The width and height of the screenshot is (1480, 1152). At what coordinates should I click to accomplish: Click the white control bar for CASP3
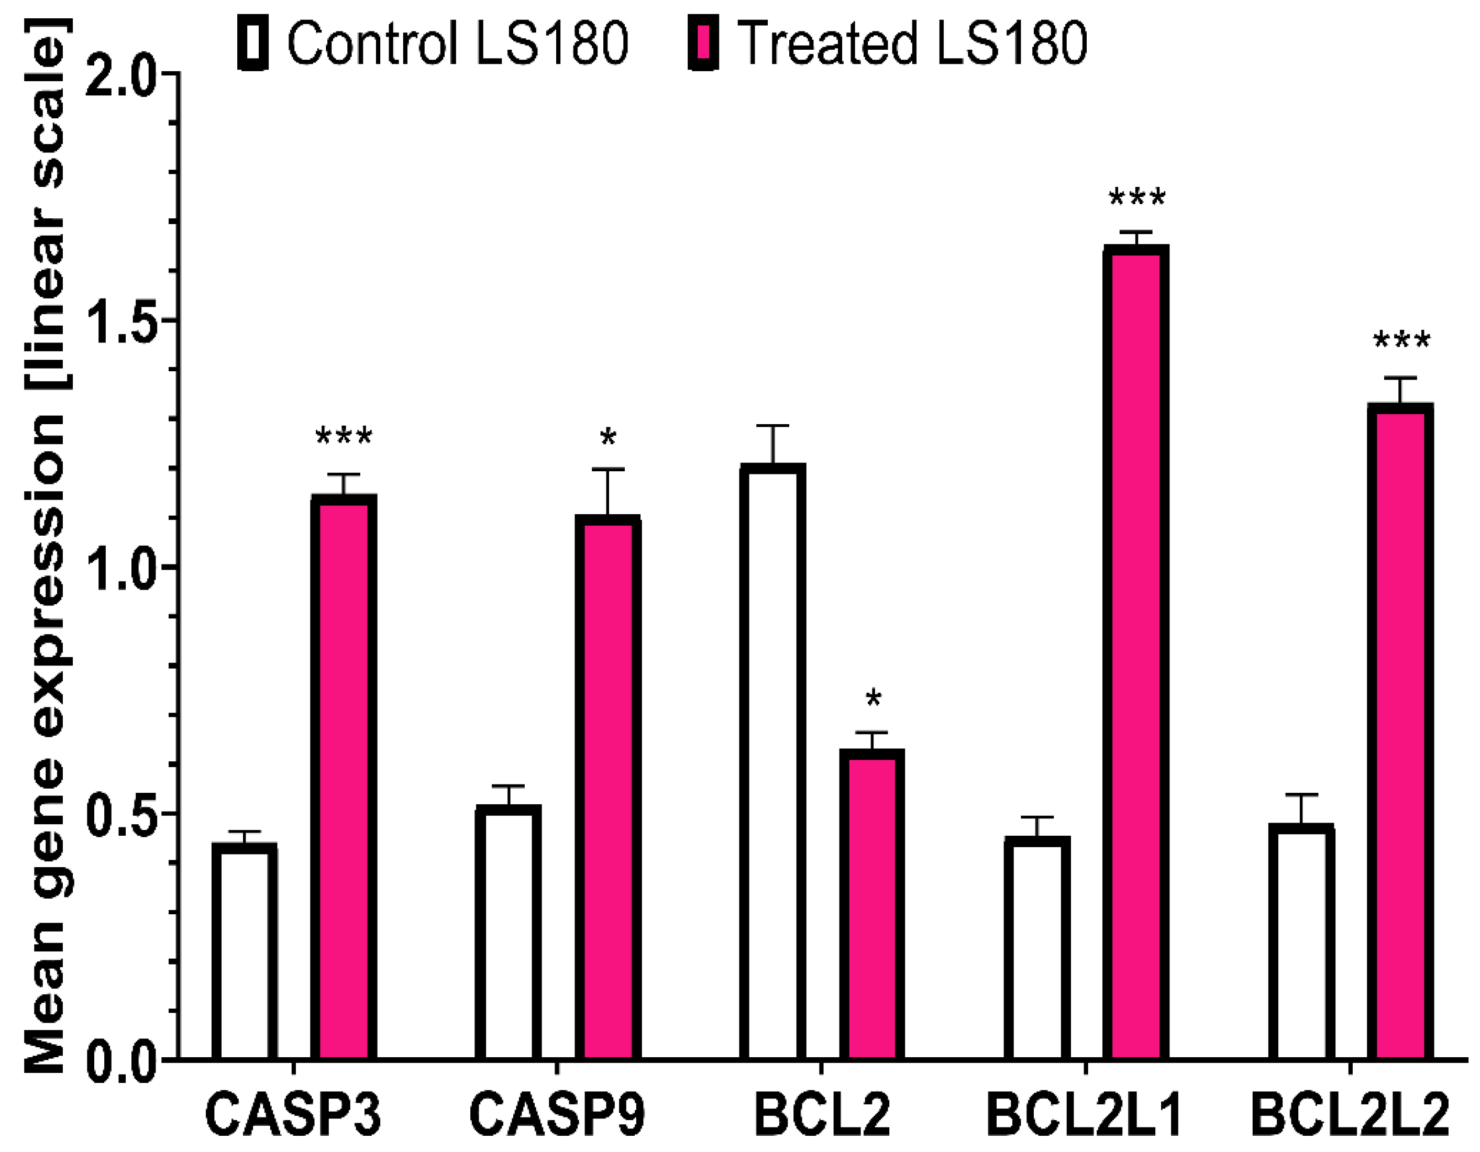[x=244, y=952]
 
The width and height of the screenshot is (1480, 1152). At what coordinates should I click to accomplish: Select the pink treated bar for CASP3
[x=344, y=779]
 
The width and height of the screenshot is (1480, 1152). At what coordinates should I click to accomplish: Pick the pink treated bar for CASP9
[x=608, y=790]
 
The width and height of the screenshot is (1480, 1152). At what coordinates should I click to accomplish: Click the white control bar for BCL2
[x=772, y=762]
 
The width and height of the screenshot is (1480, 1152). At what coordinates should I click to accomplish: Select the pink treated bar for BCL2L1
[x=1136, y=654]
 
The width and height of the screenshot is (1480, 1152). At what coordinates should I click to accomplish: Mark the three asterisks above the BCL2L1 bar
[x=1136, y=198]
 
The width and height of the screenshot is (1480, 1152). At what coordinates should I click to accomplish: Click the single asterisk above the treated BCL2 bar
[x=874, y=699]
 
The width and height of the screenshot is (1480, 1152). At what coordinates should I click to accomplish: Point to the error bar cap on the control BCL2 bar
[x=772, y=426]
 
